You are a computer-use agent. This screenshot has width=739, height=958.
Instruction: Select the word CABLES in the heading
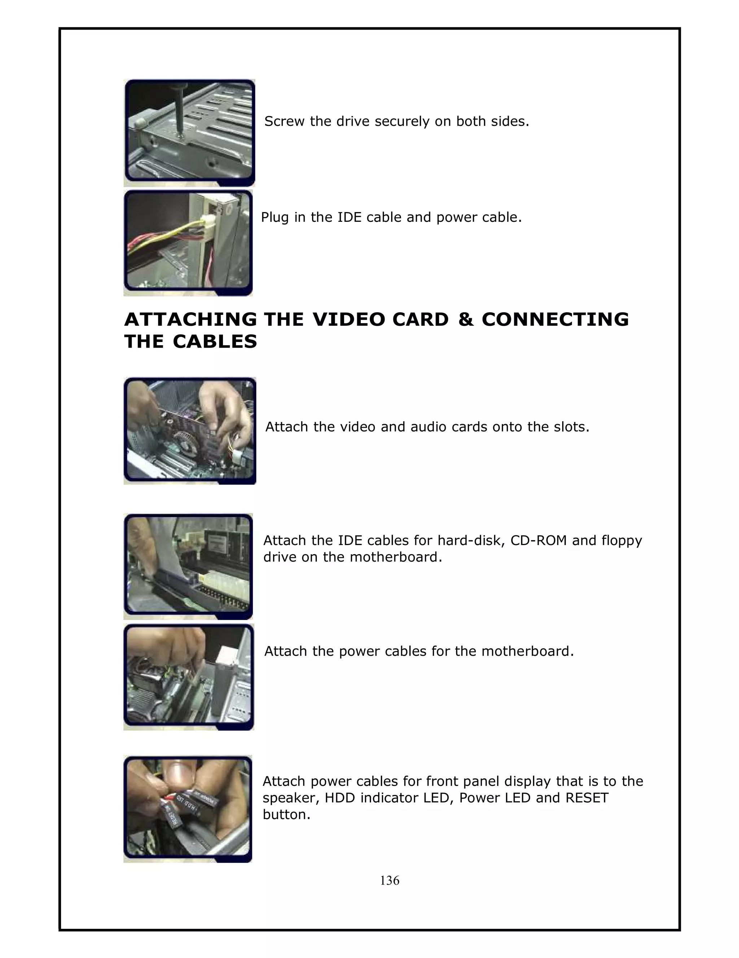point(215,342)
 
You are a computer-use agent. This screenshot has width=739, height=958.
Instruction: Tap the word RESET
point(587,797)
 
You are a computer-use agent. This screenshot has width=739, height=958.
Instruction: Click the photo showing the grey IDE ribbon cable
point(188,566)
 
